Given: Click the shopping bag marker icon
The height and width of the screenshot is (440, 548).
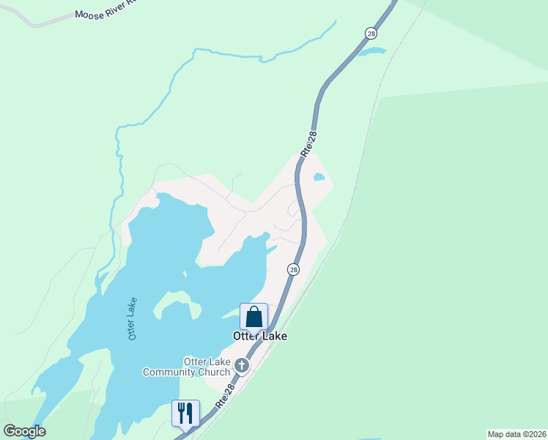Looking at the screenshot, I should [254, 318].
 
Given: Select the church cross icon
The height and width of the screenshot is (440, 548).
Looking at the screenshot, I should [242, 365].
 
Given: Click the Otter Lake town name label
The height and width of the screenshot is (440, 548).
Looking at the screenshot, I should [259, 336].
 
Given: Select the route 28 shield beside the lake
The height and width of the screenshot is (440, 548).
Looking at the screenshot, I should [293, 270].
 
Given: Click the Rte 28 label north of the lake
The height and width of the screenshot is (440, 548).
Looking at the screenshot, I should [309, 143].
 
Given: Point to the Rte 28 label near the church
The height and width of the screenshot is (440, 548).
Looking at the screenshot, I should [225, 395].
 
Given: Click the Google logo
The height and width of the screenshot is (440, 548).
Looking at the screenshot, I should [24, 430].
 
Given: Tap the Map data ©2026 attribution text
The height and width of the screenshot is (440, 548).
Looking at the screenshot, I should [517, 434].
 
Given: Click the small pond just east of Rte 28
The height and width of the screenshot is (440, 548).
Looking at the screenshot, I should [319, 177].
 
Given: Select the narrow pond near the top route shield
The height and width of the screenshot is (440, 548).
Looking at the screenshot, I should [371, 52].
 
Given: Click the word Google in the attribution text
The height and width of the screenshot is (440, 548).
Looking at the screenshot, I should [24, 430].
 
